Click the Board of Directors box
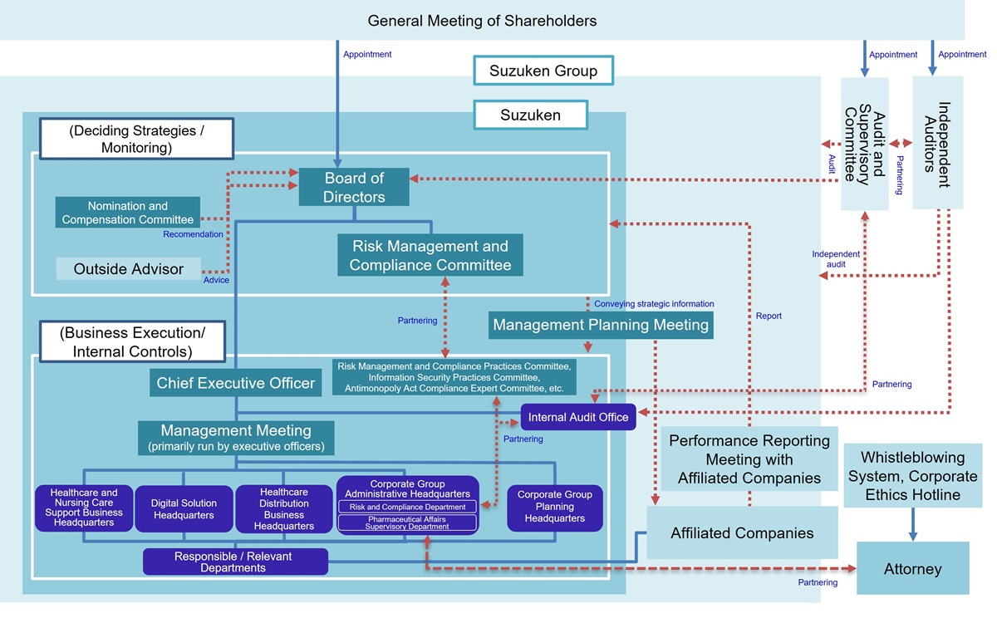pos(355,187)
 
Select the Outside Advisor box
pos(129,268)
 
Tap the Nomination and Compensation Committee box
pos(128,213)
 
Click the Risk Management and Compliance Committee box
pos(430,255)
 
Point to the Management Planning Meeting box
pos(601,325)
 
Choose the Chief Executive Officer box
pos(236,383)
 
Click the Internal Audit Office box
pos(578,417)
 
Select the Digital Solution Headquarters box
pos(184,509)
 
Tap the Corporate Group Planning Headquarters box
pos(555,507)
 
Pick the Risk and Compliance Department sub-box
pos(407,507)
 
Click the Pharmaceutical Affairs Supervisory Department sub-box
pos(407,523)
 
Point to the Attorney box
pos(912,569)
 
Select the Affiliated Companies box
pos(742,533)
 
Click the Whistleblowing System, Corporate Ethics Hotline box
pos(912,476)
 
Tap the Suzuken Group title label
pos(543,71)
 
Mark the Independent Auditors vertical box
pos(937,143)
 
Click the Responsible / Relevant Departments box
pos(235,562)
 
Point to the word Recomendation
pos(193,234)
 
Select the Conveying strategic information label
pos(653,304)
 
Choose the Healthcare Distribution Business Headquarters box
pos(284,509)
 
